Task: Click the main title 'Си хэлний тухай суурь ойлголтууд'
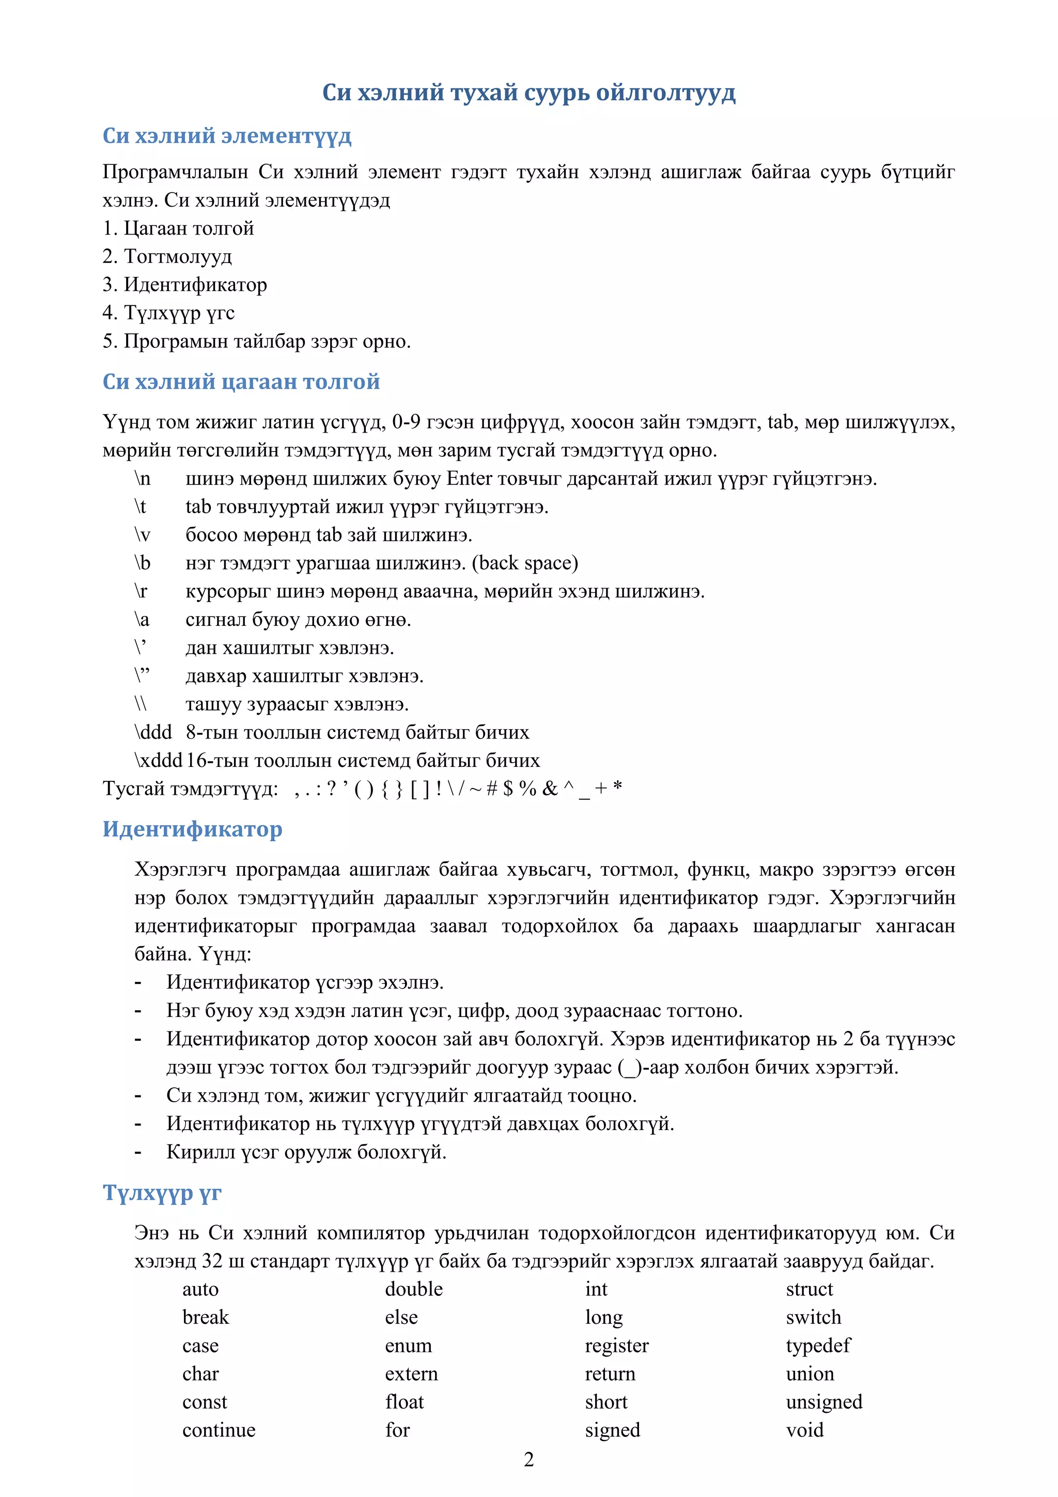coord(528,92)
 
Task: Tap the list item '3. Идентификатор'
coord(184,284)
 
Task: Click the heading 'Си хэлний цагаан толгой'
coord(241,381)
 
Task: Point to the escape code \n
coord(142,479)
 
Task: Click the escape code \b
coord(142,563)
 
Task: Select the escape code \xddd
coord(158,760)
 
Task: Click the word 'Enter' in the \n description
coord(469,479)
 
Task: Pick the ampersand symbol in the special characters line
coord(550,789)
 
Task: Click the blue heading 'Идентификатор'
coord(192,829)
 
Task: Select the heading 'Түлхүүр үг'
coord(162,1193)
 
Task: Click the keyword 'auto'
coord(200,1289)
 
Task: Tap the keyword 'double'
coord(413,1289)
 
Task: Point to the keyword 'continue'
coord(219,1430)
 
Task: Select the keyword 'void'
coord(804,1430)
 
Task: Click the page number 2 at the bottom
coord(528,1459)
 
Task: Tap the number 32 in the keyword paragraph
coord(212,1261)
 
